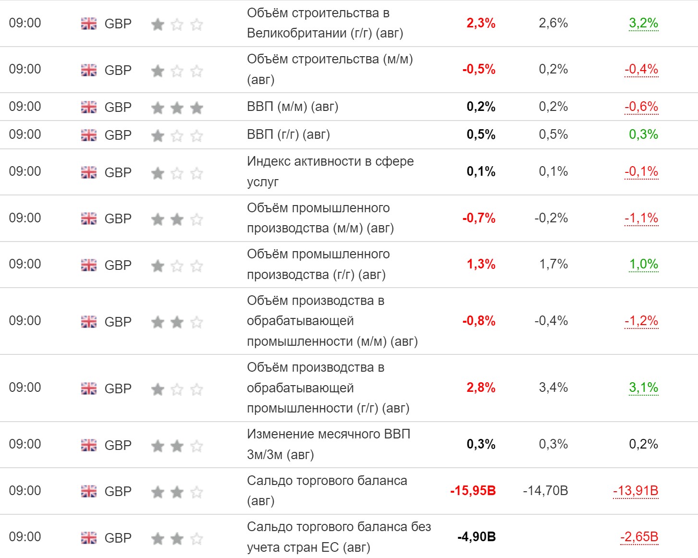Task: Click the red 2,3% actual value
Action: coord(480,23)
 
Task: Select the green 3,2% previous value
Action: coord(643,23)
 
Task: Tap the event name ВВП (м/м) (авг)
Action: coord(293,107)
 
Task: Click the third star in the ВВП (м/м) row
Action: coord(196,108)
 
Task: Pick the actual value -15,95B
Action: coord(473,491)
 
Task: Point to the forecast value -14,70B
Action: coord(545,491)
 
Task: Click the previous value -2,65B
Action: coord(639,537)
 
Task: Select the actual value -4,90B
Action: coord(476,537)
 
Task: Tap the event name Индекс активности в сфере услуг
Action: coord(330,171)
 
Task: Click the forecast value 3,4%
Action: coord(553,388)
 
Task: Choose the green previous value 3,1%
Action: coord(643,388)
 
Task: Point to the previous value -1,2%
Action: coord(641,321)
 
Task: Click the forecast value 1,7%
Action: coord(553,264)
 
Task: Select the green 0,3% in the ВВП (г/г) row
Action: coord(643,134)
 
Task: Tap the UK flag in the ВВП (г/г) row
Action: coord(89,135)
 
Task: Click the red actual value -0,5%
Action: coord(478,69)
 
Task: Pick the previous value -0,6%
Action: coord(641,107)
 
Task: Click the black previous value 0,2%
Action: coord(643,444)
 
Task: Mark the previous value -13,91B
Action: coord(636,491)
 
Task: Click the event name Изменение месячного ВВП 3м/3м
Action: coord(329,444)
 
